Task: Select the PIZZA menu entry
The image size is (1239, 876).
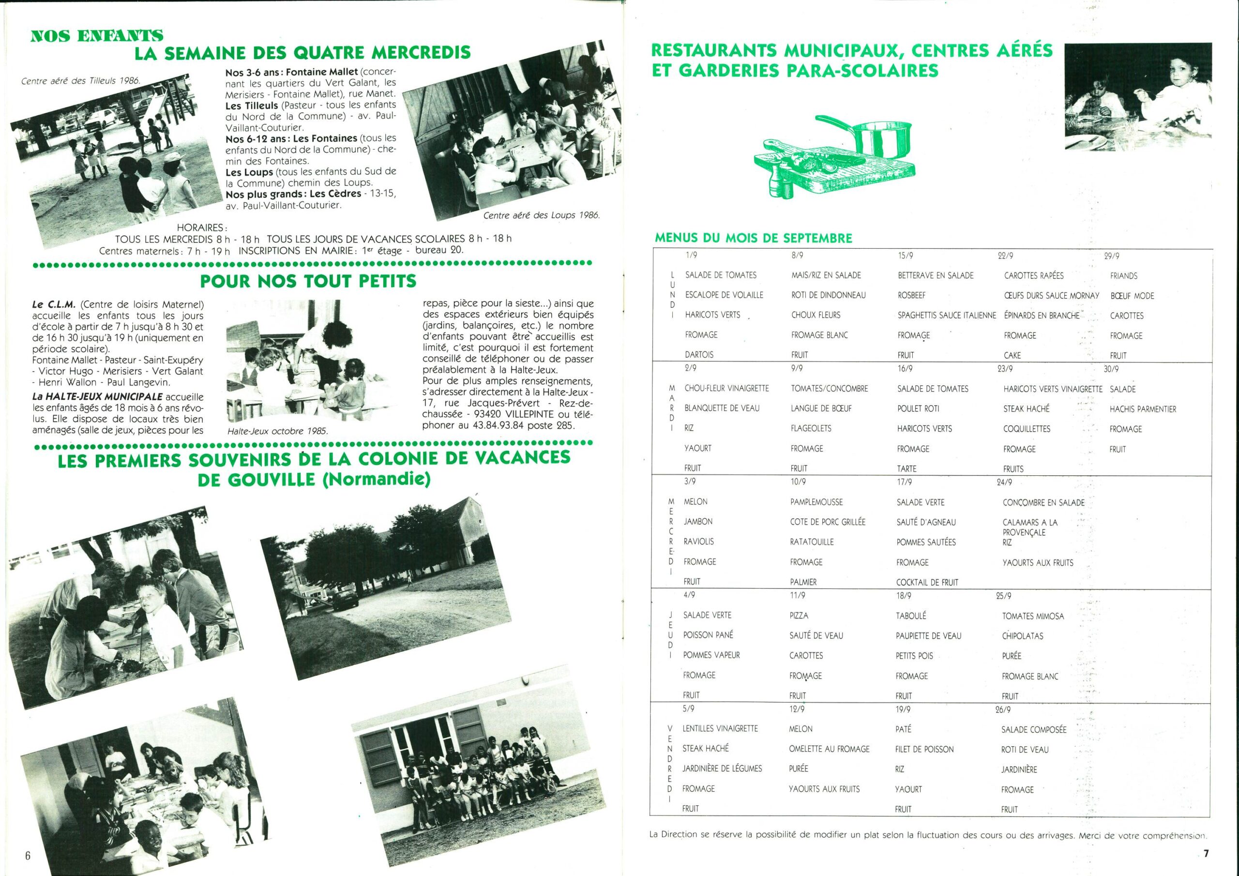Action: click(x=799, y=615)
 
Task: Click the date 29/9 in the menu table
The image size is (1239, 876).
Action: click(x=1112, y=257)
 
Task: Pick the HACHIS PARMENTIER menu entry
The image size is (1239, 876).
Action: click(x=1142, y=409)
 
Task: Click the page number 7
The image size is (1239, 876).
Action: click(x=1206, y=853)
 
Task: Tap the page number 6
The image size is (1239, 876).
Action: click(x=28, y=856)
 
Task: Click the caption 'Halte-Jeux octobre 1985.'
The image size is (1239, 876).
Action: click(x=277, y=431)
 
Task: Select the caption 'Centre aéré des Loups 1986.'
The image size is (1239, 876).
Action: click(x=541, y=215)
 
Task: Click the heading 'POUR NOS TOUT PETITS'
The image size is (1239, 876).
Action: click(x=308, y=281)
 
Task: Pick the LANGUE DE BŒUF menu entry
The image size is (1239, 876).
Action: click(x=821, y=408)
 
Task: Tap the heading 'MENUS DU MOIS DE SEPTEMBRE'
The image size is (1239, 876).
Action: click(x=754, y=238)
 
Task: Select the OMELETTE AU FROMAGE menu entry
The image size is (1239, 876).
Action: click(x=829, y=749)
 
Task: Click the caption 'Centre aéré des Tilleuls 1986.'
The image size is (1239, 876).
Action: click(x=80, y=81)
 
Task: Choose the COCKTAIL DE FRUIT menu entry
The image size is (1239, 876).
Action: click(x=927, y=582)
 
